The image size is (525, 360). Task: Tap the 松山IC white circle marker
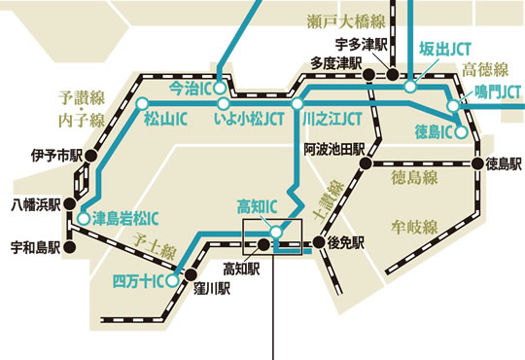coord(143,103)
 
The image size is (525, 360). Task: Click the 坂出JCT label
coord(440,49)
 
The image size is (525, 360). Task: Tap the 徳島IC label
coord(435,130)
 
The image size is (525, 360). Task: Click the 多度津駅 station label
coord(337,62)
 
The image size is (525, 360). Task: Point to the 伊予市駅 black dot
coord(89,156)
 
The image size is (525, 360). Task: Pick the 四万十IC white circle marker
coord(171,281)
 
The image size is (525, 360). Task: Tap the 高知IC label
coord(258,206)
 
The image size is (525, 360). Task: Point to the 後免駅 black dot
coord(318,243)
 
